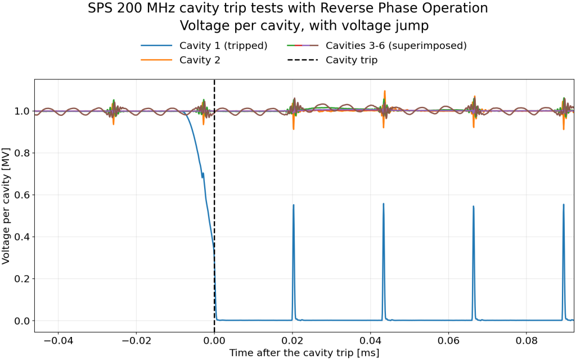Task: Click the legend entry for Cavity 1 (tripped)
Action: coord(204,46)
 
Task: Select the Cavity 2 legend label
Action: coord(181,60)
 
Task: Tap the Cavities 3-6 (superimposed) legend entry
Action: coord(376,46)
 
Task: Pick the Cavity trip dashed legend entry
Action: coord(332,60)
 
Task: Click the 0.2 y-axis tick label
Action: coord(22,279)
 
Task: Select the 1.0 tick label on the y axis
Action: coord(22,111)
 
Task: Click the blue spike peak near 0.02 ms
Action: coord(294,205)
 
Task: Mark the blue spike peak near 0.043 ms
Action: coord(384,204)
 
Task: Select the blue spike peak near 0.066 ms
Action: coord(474,206)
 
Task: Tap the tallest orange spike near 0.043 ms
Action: coord(385,91)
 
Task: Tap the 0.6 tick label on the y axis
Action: coord(22,195)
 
